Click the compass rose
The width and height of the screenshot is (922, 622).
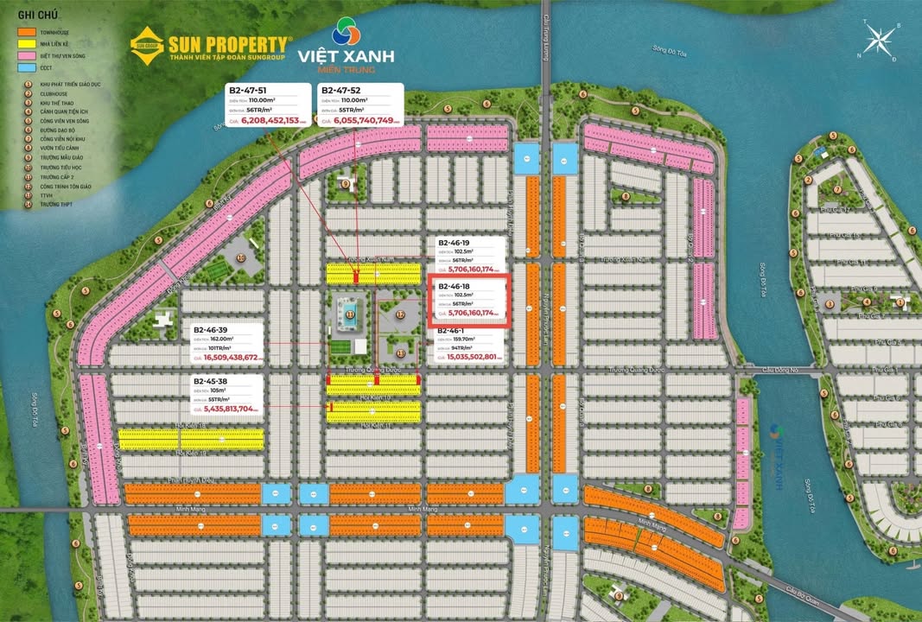click(x=881, y=40)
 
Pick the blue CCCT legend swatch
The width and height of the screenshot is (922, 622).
click(x=27, y=67)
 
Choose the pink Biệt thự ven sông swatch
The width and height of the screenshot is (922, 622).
click(x=27, y=56)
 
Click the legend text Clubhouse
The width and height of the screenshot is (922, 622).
click(x=54, y=93)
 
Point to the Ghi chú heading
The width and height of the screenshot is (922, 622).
click(x=33, y=16)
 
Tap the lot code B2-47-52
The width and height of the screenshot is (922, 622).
click(x=341, y=90)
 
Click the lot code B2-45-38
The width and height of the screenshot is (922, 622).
click(x=211, y=381)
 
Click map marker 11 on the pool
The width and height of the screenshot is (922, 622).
click(x=350, y=315)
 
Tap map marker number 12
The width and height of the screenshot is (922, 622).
click(x=400, y=316)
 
